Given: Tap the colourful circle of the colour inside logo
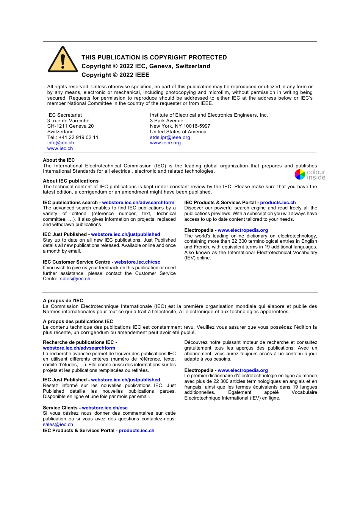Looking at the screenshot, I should pyautogui.click(x=300, y=174).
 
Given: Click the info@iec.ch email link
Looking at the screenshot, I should pyautogui.click(x=61, y=143).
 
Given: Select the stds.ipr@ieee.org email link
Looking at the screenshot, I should pyautogui.click(x=170, y=137).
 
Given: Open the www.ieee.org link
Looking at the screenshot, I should pyautogui.click(x=165, y=143).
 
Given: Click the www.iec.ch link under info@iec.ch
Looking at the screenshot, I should pyautogui.click(x=60, y=148).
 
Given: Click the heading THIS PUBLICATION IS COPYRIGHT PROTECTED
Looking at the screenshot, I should pyautogui.click(x=154, y=58).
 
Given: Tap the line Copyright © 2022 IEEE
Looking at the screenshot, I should pyautogui.click(x=115, y=75).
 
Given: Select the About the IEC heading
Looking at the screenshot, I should pyautogui.click(x=59, y=160).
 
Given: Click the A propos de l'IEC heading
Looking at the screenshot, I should pyautogui.click(x=63, y=301).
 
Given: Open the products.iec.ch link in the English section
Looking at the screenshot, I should pyautogui.click(x=278, y=203).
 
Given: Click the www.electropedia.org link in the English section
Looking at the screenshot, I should pyautogui.click(x=243, y=230).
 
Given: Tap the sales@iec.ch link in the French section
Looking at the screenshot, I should pyautogui.click(x=58, y=425).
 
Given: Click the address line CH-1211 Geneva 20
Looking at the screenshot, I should pyautogui.click(x=70, y=126).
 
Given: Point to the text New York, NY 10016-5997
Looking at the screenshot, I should pyautogui.click(x=180, y=126).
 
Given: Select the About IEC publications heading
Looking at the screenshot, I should pyautogui.click(x=70, y=181).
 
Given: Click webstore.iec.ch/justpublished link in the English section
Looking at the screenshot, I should pyautogui.click(x=125, y=234).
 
